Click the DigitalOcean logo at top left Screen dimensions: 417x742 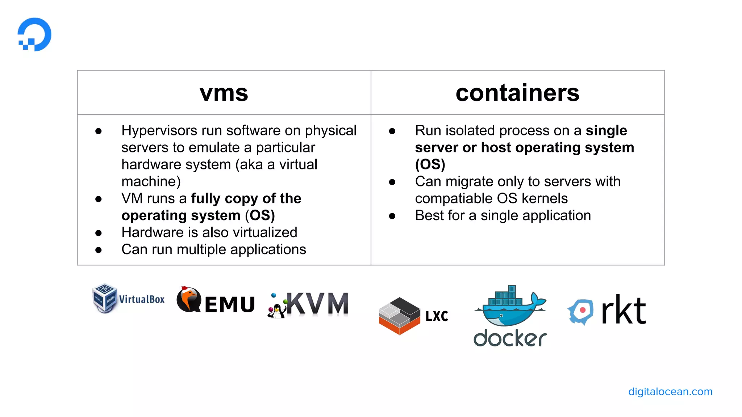pos(35,34)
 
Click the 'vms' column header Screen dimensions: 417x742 pos(224,93)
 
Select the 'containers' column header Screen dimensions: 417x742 pos(517,93)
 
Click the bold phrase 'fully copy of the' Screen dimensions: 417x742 pos(246,198)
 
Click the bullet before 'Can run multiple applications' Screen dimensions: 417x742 pos(99,250)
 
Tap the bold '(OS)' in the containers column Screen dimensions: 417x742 pos(430,164)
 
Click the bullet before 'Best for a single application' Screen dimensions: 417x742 pos(392,216)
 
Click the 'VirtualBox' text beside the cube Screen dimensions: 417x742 pos(142,299)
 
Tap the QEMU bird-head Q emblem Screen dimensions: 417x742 pos(189,300)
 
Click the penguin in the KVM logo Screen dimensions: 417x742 pos(277,311)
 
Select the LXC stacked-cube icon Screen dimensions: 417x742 pos(399,316)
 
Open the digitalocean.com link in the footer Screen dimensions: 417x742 pos(670,392)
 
